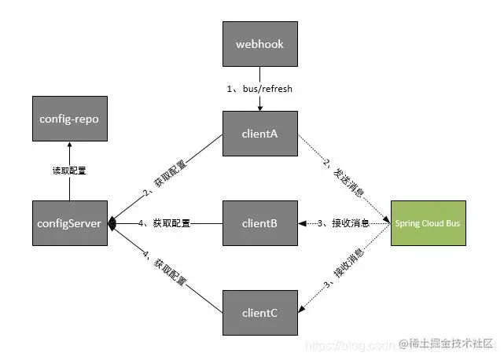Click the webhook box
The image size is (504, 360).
pos(259,44)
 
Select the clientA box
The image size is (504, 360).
pos(259,134)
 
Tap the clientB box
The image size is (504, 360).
pos(259,223)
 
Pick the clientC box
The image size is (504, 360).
pos(259,312)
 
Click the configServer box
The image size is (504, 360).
pos(70,223)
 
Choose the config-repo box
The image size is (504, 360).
pos(70,119)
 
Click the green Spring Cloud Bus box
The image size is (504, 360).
pos(428,223)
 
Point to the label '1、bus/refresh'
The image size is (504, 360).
pos(259,89)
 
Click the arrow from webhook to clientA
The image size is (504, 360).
pos(259,101)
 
